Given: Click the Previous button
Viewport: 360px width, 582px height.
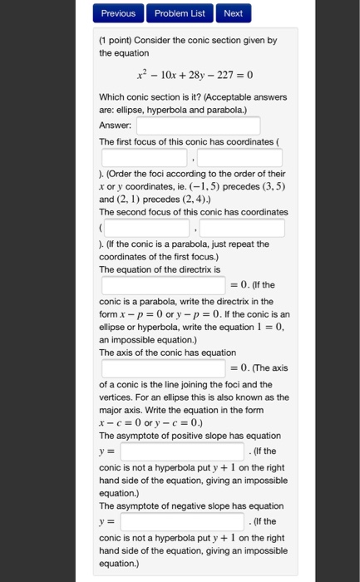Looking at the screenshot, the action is pos(118,13).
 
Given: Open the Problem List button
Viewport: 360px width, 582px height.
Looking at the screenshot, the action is pos(179,13).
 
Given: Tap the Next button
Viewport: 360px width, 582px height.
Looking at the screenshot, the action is pos(233,13).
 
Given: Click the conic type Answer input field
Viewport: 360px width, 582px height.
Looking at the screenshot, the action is pos(199,126).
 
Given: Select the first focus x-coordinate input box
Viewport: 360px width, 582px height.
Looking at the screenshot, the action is pos(145,157).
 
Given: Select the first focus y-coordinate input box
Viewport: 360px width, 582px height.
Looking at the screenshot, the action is pos(241,157).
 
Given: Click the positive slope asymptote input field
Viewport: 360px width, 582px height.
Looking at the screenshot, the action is pos(185,451).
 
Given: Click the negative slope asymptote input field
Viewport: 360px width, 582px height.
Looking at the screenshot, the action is pos(185,522).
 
